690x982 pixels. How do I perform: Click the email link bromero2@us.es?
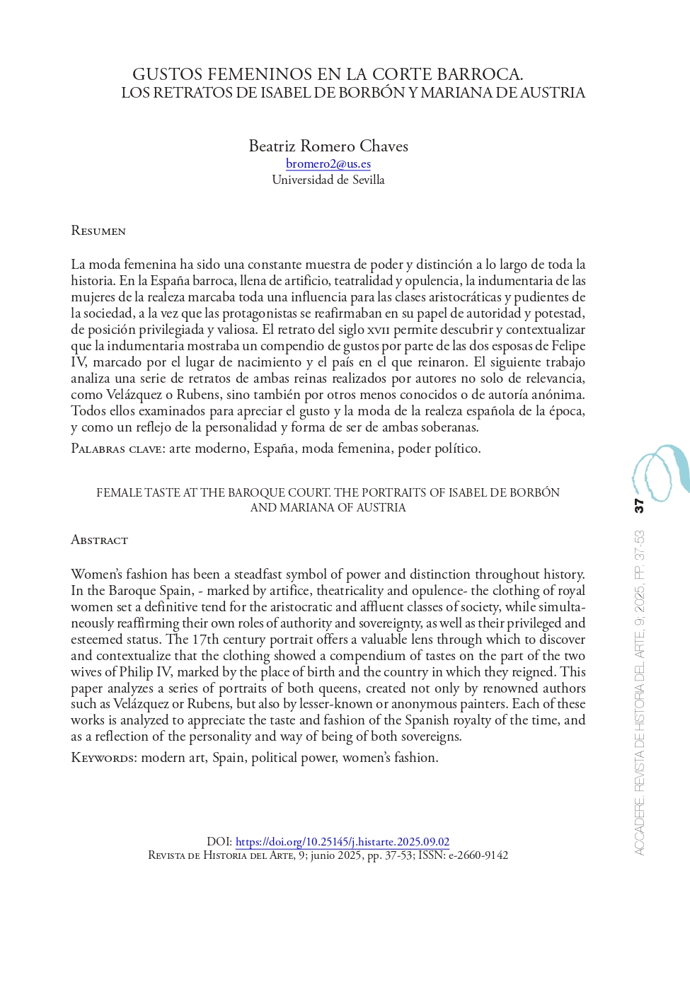click(x=328, y=164)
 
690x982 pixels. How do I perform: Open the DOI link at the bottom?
click(x=342, y=842)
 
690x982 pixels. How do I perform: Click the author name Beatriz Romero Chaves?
click(x=328, y=146)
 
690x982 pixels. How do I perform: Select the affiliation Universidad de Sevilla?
click(x=328, y=180)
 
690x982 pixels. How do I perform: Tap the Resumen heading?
click(x=98, y=231)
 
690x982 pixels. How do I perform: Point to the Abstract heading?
click(x=99, y=540)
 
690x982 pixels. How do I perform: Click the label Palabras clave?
click(x=117, y=449)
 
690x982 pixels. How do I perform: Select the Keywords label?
click(x=103, y=758)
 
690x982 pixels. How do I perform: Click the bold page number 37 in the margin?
click(x=639, y=505)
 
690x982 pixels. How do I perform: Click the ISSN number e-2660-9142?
click(x=478, y=855)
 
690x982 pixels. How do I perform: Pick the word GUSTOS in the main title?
click(x=162, y=74)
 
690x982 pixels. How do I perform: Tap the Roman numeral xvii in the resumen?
click(x=376, y=330)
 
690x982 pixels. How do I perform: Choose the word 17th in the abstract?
click(x=206, y=640)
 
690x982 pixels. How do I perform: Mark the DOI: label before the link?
click(x=219, y=842)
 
